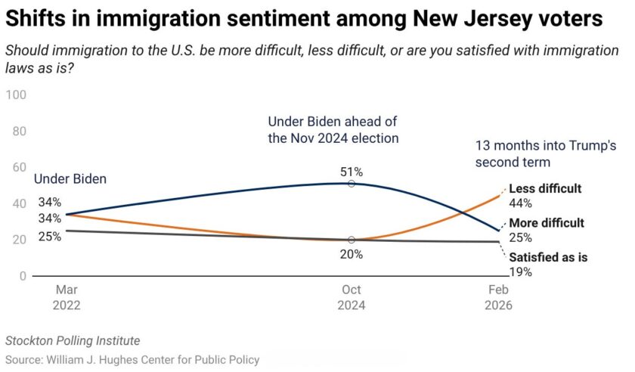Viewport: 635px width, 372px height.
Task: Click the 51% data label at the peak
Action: [352, 172]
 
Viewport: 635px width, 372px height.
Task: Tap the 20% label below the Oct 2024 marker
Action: [352, 254]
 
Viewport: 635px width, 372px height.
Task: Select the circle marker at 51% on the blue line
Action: [352, 184]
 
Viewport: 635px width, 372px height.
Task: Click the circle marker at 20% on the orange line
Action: [352, 240]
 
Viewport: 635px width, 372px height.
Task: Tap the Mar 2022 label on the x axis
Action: [67, 298]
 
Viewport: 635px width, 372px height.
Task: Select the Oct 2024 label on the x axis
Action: [352, 298]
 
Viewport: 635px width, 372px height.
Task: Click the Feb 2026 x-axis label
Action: [499, 298]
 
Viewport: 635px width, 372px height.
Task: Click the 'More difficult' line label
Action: [547, 223]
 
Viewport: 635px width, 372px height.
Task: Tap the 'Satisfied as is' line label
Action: [548, 257]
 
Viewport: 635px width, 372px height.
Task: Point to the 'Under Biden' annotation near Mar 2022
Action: [70, 179]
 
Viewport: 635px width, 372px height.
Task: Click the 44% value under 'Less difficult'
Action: [521, 203]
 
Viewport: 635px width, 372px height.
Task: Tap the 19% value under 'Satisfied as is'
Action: [520, 271]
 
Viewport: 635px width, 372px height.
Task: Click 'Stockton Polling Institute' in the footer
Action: [73, 341]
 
